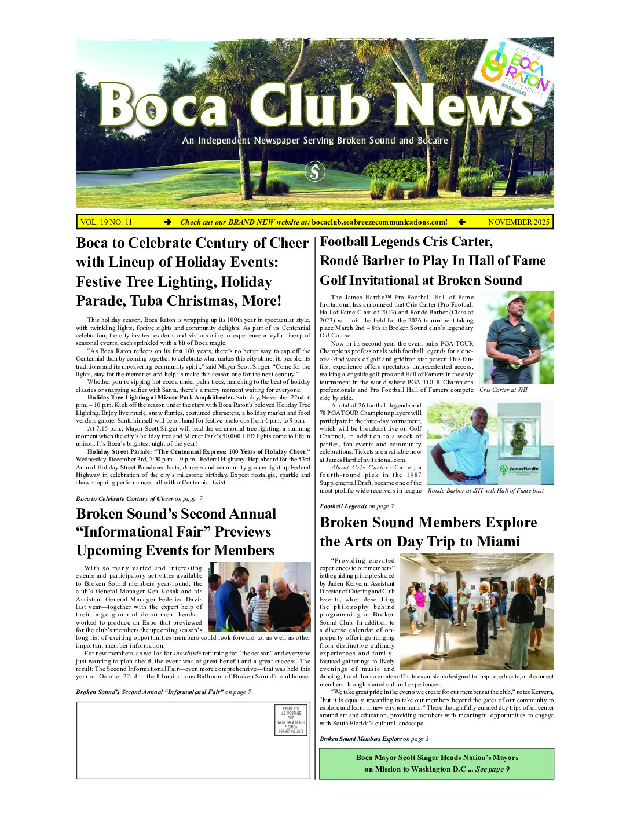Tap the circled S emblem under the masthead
pyautogui.click(x=315, y=171)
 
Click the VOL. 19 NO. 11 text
pyautogui.click(x=107, y=222)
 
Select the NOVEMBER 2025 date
pyautogui.click(x=518, y=222)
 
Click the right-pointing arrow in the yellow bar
pyautogui.click(x=168, y=222)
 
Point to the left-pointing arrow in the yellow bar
pyautogui.click(x=461, y=222)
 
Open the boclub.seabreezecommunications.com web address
pyautogui.click(x=379, y=222)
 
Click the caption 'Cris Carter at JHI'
pyautogui.click(x=503, y=390)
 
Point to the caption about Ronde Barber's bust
pyautogui.click(x=485, y=490)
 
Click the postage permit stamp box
pyautogui.click(x=291, y=720)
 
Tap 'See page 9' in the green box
pyautogui.click(x=492, y=769)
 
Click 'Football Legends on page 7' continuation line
pyautogui.click(x=357, y=506)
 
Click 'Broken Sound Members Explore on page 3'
pyautogui.click(x=374, y=739)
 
